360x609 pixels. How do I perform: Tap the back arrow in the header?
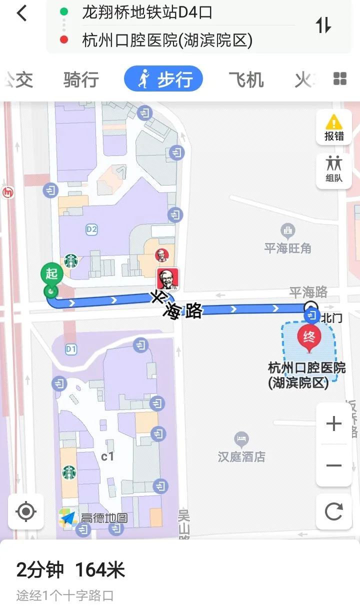click(21, 13)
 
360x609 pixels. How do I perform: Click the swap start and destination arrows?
click(323, 25)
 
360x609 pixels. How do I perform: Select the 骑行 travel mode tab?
click(81, 79)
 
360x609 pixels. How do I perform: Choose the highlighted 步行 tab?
click(163, 79)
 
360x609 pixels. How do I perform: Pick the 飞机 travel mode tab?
click(246, 79)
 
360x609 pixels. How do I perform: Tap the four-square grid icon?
click(340, 79)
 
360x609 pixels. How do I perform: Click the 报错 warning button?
click(334, 128)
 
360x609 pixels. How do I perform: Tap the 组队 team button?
click(334, 170)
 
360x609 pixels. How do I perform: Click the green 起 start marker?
click(51, 274)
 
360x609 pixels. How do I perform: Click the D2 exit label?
click(91, 229)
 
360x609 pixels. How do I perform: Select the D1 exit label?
click(71, 349)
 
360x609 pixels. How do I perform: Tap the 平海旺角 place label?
click(287, 248)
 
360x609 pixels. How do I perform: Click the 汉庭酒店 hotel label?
click(241, 456)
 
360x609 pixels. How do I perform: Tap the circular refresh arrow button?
click(333, 511)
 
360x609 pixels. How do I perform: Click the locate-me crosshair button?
click(26, 511)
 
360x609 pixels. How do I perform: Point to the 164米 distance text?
click(100, 569)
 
